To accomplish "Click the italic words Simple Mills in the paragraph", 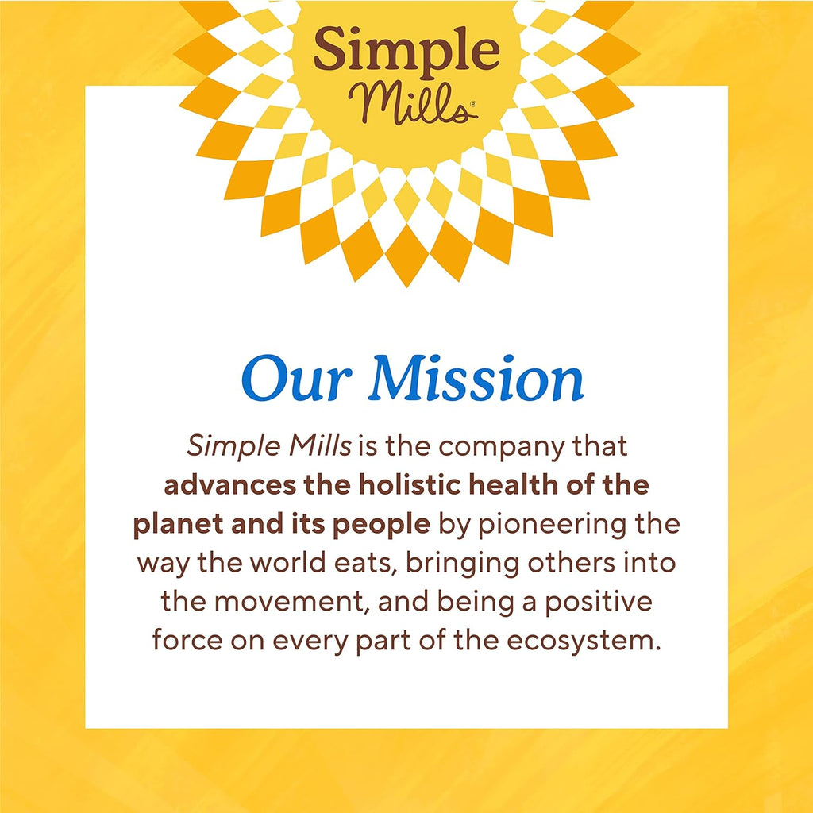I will [x=269, y=447].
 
